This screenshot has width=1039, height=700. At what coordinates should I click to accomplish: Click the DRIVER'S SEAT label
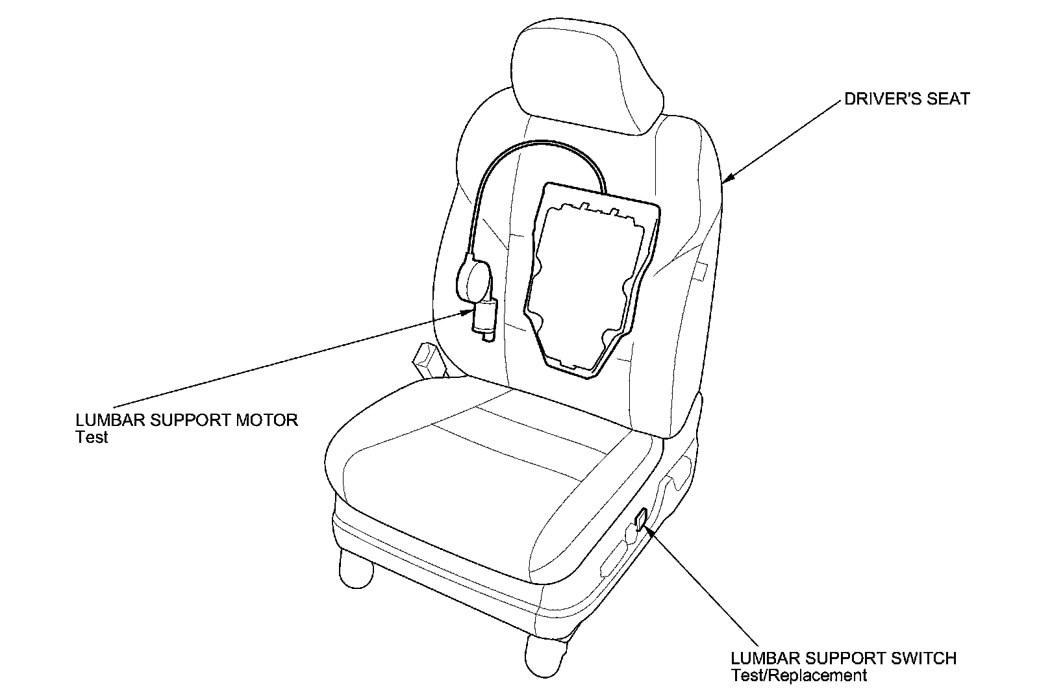pos(906,99)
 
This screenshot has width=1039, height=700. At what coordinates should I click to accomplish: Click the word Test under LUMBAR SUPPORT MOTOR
pos(92,437)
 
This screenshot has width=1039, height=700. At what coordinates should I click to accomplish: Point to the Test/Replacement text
pos(799,676)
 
